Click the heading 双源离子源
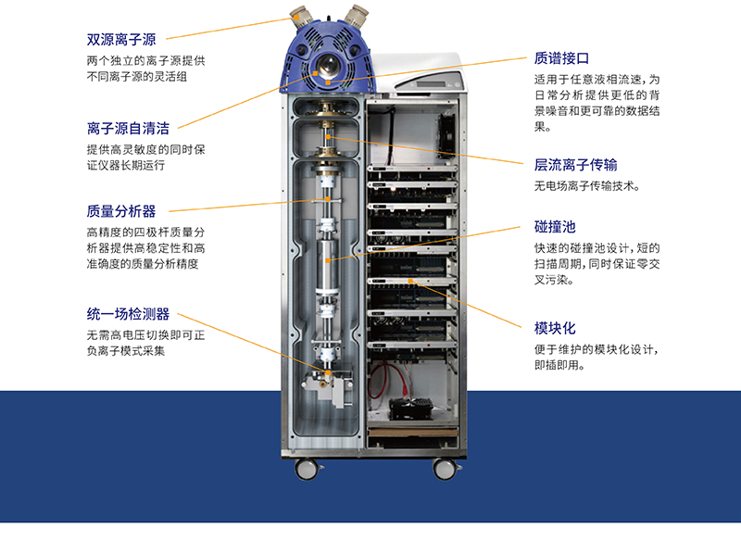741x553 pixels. coord(121,40)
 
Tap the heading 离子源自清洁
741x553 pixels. coord(128,128)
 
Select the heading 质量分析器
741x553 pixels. coord(121,211)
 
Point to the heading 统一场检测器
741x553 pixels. coord(128,314)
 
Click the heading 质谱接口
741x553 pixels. coord(561,58)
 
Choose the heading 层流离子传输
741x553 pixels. coord(575,165)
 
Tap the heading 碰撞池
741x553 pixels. coord(555,227)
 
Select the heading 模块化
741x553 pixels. coord(555,328)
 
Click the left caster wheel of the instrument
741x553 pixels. coord(308,469)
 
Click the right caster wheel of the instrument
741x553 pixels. coord(445,469)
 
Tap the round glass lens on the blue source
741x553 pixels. coord(326,66)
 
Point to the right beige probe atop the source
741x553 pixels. coord(357,15)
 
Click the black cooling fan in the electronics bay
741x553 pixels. coord(446,134)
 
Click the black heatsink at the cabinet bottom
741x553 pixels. coord(410,408)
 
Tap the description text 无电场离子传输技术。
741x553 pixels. coord(587,186)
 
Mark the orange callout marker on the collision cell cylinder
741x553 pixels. coord(328,260)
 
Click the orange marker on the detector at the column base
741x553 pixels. coord(329,373)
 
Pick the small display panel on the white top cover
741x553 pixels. coord(430,84)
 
